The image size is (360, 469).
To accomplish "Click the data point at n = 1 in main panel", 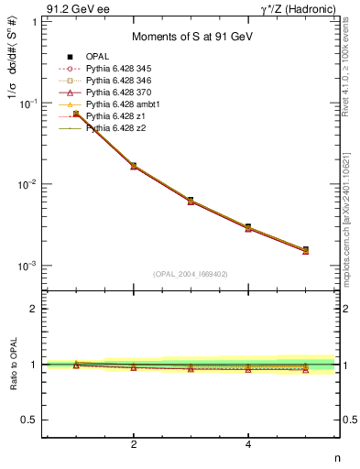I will pos(77,114).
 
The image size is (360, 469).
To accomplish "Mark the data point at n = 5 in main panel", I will pos(305,249).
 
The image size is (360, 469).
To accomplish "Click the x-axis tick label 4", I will pos(248,445).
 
